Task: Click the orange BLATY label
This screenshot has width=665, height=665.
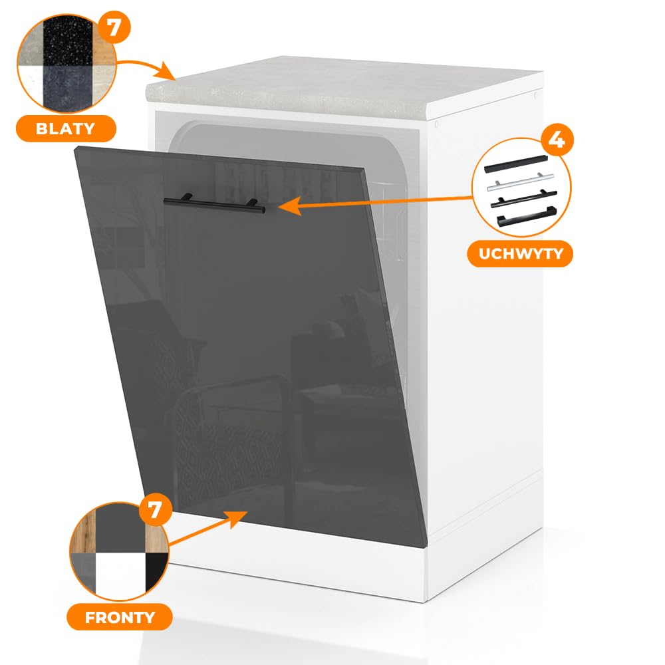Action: pyautogui.click(x=66, y=128)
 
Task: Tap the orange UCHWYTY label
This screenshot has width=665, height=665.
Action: pyautogui.click(x=520, y=253)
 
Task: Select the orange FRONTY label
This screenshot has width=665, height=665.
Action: pyautogui.click(x=120, y=617)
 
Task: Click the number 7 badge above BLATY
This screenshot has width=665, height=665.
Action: pyautogui.click(x=114, y=27)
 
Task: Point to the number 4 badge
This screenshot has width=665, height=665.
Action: pyautogui.click(x=557, y=140)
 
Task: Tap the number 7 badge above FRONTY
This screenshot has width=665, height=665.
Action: pyautogui.click(x=155, y=509)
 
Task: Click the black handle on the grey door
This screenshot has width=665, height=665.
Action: pyautogui.click(x=214, y=203)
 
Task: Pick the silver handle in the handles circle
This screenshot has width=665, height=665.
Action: pyautogui.click(x=521, y=182)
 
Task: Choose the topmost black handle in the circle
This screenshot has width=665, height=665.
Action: pyautogui.click(x=516, y=164)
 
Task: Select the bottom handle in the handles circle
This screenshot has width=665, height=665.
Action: pyautogui.click(x=526, y=216)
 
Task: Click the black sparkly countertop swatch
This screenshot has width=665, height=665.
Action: pyautogui.click(x=68, y=41)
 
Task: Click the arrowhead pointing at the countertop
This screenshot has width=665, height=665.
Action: pyautogui.click(x=166, y=71)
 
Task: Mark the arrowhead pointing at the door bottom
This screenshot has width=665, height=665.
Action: pyautogui.click(x=238, y=519)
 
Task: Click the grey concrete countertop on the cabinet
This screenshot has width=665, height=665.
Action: pyautogui.click(x=344, y=88)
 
